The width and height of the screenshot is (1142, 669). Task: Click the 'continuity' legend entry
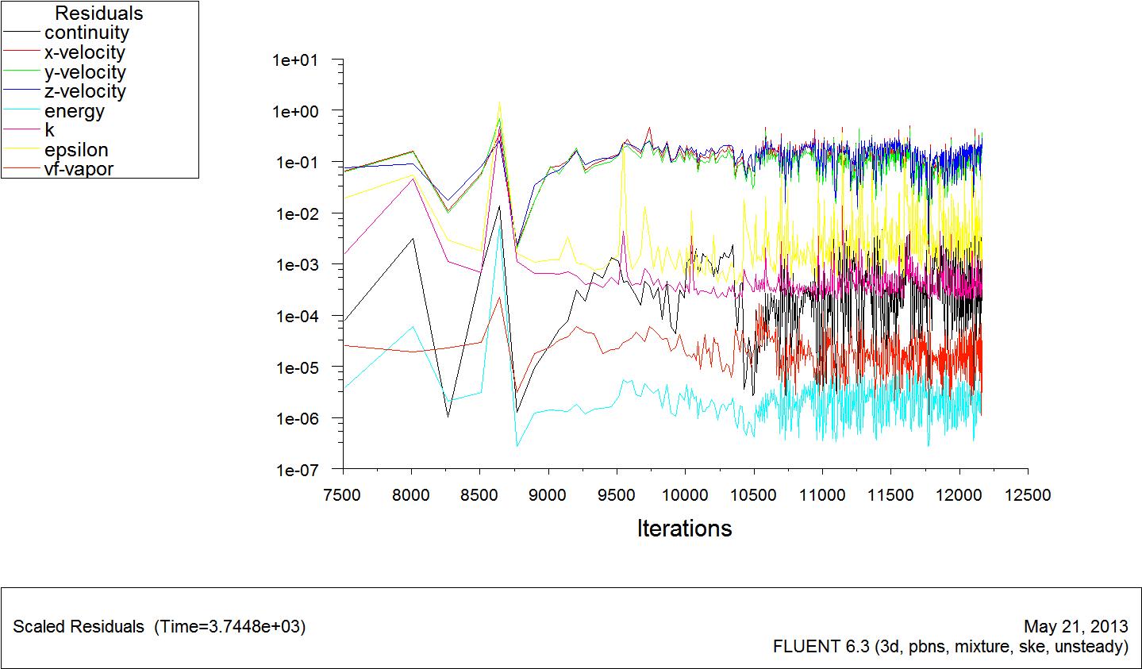[86, 33]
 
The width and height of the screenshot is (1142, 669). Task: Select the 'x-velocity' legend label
[84, 53]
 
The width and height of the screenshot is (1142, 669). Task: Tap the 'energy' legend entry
[75, 111]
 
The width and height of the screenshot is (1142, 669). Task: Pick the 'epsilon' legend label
[76, 150]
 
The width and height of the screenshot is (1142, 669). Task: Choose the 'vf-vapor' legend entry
[79, 169]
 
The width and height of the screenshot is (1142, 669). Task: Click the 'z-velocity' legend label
[85, 91]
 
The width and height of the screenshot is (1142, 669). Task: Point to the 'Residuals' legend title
[98, 13]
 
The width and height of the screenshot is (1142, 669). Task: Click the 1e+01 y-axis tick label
[295, 60]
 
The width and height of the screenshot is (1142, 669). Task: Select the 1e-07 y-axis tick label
[295, 471]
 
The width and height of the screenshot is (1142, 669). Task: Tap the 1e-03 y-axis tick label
[295, 265]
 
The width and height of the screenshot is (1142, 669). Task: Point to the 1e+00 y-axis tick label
[295, 111]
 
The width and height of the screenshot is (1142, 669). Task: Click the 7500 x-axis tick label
[343, 495]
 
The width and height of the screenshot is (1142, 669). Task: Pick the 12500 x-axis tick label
[1028, 495]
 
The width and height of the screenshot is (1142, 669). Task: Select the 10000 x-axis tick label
[685, 495]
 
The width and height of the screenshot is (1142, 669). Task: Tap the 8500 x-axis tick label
[480, 495]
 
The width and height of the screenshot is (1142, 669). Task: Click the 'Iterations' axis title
[684, 529]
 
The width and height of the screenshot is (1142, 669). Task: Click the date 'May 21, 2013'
[1076, 626]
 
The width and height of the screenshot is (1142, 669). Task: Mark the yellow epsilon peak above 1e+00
[499, 103]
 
